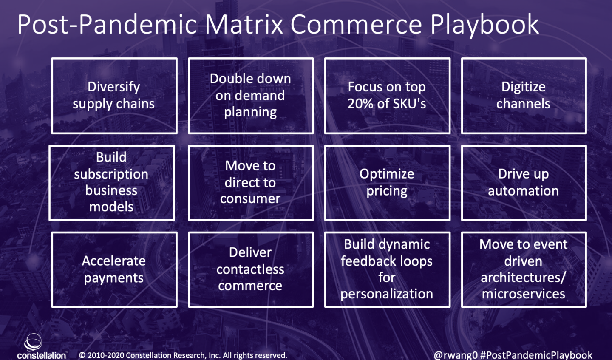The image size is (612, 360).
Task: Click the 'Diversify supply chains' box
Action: click(114, 96)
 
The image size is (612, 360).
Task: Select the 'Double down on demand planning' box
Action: click(251, 96)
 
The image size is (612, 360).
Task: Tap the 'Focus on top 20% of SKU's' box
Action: click(387, 96)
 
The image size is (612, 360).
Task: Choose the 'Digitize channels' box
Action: click(524, 96)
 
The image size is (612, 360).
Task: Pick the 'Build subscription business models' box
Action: click(112, 183)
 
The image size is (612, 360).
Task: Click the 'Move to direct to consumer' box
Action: click(251, 183)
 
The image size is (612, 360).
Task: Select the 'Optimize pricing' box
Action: click(387, 183)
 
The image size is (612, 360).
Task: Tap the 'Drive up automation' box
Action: click(524, 183)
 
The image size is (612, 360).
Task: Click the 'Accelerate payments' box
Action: click(114, 269)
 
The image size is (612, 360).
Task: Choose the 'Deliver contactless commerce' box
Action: click(251, 269)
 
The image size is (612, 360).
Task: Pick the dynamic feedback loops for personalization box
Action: click(387, 269)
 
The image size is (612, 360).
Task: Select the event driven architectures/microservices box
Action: click(524, 269)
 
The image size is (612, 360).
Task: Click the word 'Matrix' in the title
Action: click(244, 24)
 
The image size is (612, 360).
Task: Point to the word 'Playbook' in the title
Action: click(484, 24)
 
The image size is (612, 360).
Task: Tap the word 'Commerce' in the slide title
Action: click(356, 24)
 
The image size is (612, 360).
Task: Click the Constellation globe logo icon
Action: click(33, 342)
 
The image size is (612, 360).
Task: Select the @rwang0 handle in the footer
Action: click(456, 355)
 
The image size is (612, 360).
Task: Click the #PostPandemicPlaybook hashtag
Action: click(536, 355)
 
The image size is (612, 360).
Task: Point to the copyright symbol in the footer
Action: click(82, 355)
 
